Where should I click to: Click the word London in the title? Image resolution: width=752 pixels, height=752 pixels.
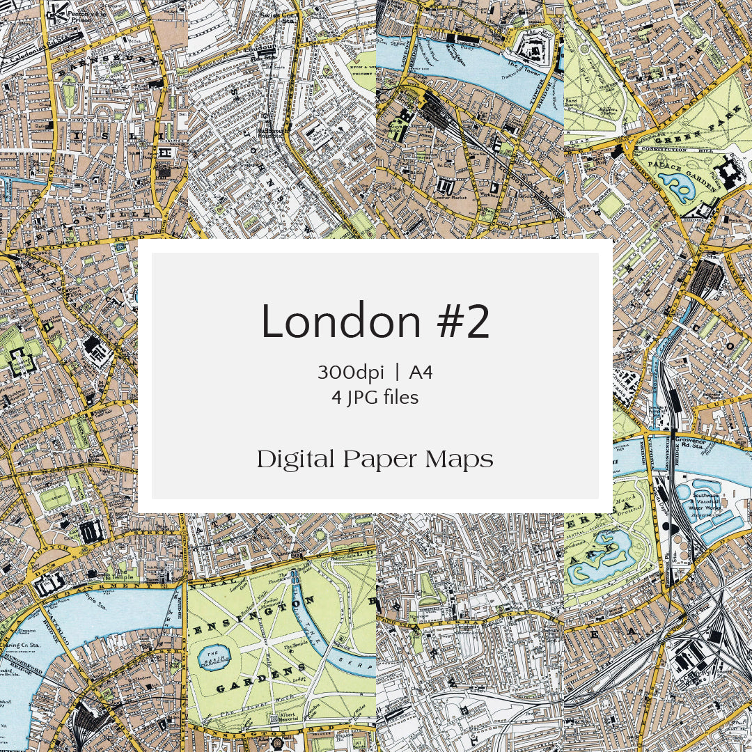(341, 322)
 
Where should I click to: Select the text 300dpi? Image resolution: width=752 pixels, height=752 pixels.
(350, 373)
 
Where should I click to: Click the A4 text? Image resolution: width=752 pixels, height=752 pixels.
(421, 373)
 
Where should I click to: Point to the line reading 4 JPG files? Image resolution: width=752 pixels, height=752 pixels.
(375, 398)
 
